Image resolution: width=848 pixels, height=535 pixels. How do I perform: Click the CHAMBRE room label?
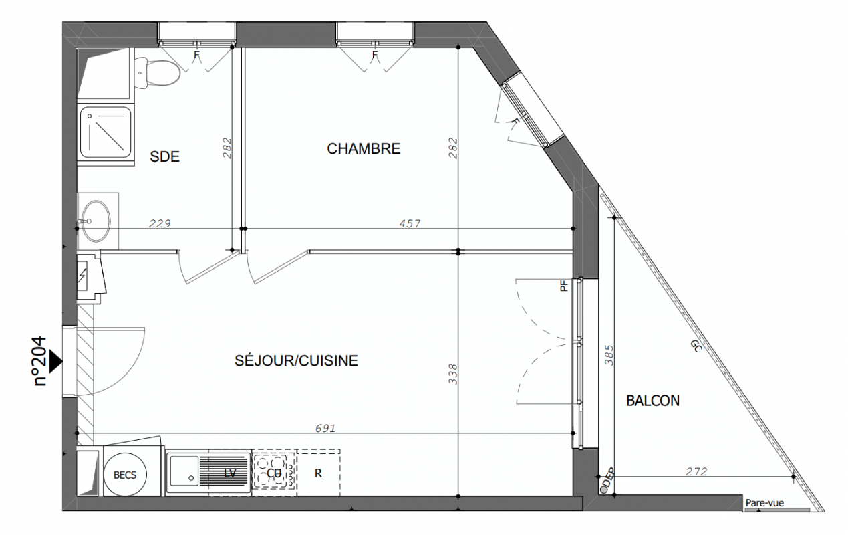(364, 148)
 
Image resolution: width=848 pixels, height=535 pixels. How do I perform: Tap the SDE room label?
(164, 156)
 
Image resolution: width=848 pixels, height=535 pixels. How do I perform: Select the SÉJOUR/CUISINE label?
(296, 360)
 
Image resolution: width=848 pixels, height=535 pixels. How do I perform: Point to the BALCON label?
(653, 401)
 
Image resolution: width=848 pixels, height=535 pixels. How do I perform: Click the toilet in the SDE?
(158, 72)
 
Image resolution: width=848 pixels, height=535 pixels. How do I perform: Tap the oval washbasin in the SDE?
(96, 221)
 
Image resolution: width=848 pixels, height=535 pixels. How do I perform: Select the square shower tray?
(106, 132)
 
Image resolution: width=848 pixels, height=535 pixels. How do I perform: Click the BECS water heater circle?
(125, 475)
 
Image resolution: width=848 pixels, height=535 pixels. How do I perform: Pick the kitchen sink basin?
(184, 471)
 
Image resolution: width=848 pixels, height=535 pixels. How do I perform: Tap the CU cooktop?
(274, 473)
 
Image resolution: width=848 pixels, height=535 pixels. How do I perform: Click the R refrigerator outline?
(318, 473)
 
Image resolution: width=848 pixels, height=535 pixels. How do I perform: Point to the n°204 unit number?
(40, 361)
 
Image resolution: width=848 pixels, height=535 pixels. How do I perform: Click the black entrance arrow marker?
(56, 362)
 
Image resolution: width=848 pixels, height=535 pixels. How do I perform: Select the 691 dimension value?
(325, 428)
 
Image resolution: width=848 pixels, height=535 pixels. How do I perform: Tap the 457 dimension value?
(410, 224)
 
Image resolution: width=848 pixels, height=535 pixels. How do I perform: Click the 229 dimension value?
(160, 224)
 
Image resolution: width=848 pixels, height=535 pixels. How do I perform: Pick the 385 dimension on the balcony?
(609, 354)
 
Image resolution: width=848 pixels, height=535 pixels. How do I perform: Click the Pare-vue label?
(764, 503)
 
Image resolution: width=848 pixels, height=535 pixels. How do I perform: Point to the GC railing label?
(696, 346)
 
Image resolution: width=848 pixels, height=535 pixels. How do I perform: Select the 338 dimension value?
(453, 374)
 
